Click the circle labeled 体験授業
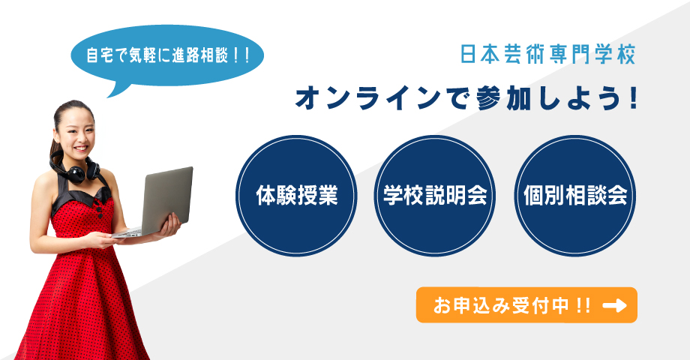click(x=296, y=196)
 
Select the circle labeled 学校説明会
click(x=435, y=196)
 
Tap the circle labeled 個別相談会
click(x=575, y=196)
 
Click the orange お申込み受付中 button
click(x=526, y=305)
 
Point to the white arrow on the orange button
click(x=615, y=305)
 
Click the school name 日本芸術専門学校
click(x=548, y=55)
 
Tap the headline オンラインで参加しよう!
click(x=466, y=98)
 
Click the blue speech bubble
click(x=166, y=56)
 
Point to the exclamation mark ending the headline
click(x=633, y=98)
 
